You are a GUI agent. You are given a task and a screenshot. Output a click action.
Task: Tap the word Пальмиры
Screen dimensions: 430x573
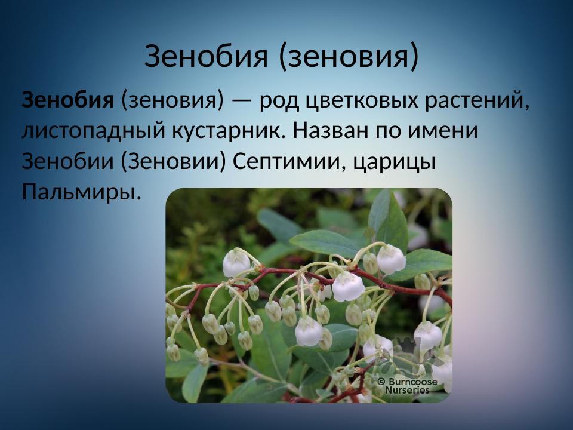[x=82, y=192]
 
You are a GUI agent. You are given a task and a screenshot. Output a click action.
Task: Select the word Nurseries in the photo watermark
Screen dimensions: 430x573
[x=407, y=390]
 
